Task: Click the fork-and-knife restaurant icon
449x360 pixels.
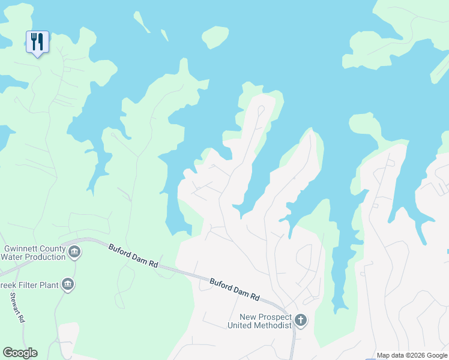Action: (37, 41)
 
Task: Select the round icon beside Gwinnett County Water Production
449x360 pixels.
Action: (74, 252)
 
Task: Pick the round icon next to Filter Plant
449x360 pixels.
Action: (68, 284)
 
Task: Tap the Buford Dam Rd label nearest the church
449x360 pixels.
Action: (235, 289)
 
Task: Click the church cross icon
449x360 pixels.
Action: (301, 321)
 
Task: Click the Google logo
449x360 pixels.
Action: (20, 353)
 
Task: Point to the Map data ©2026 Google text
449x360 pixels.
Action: (412, 355)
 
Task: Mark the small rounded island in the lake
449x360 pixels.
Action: (215, 37)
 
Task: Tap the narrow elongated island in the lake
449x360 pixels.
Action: (142, 22)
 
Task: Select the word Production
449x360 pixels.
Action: (46, 257)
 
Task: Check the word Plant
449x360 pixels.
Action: (47, 285)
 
